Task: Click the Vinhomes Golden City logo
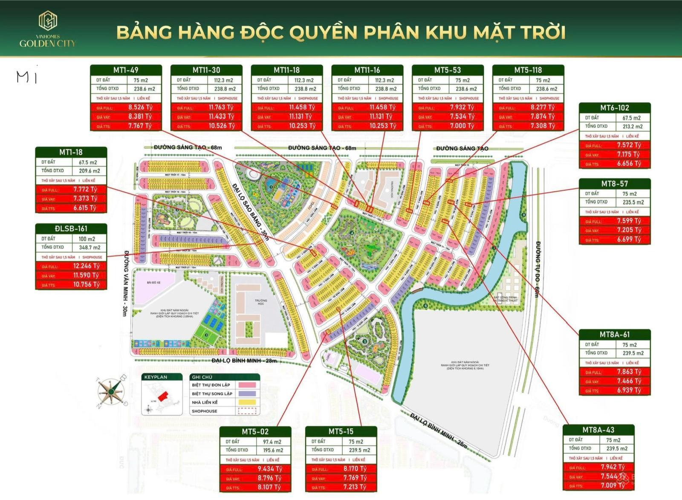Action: (x=47, y=29)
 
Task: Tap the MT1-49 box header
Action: (x=126, y=70)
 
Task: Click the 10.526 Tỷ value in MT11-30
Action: (x=221, y=126)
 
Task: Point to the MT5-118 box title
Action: (x=528, y=70)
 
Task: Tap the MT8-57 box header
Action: (x=614, y=184)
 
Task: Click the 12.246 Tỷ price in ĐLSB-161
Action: (x=86, y=266)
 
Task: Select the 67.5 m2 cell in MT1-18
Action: (x=88, y=162)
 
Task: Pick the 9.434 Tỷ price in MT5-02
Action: (x=269, y=469)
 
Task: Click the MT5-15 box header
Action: (x=341, y=431)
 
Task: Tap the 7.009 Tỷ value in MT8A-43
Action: (x=612, y=486)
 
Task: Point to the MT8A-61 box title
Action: (x=614, y=335)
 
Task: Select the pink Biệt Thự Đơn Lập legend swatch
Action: (x=247, y=385)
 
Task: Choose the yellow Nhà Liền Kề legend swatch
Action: (x=247, y=402)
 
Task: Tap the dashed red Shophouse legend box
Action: (x=247, y=411)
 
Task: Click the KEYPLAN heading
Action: (x=156, y=377)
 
